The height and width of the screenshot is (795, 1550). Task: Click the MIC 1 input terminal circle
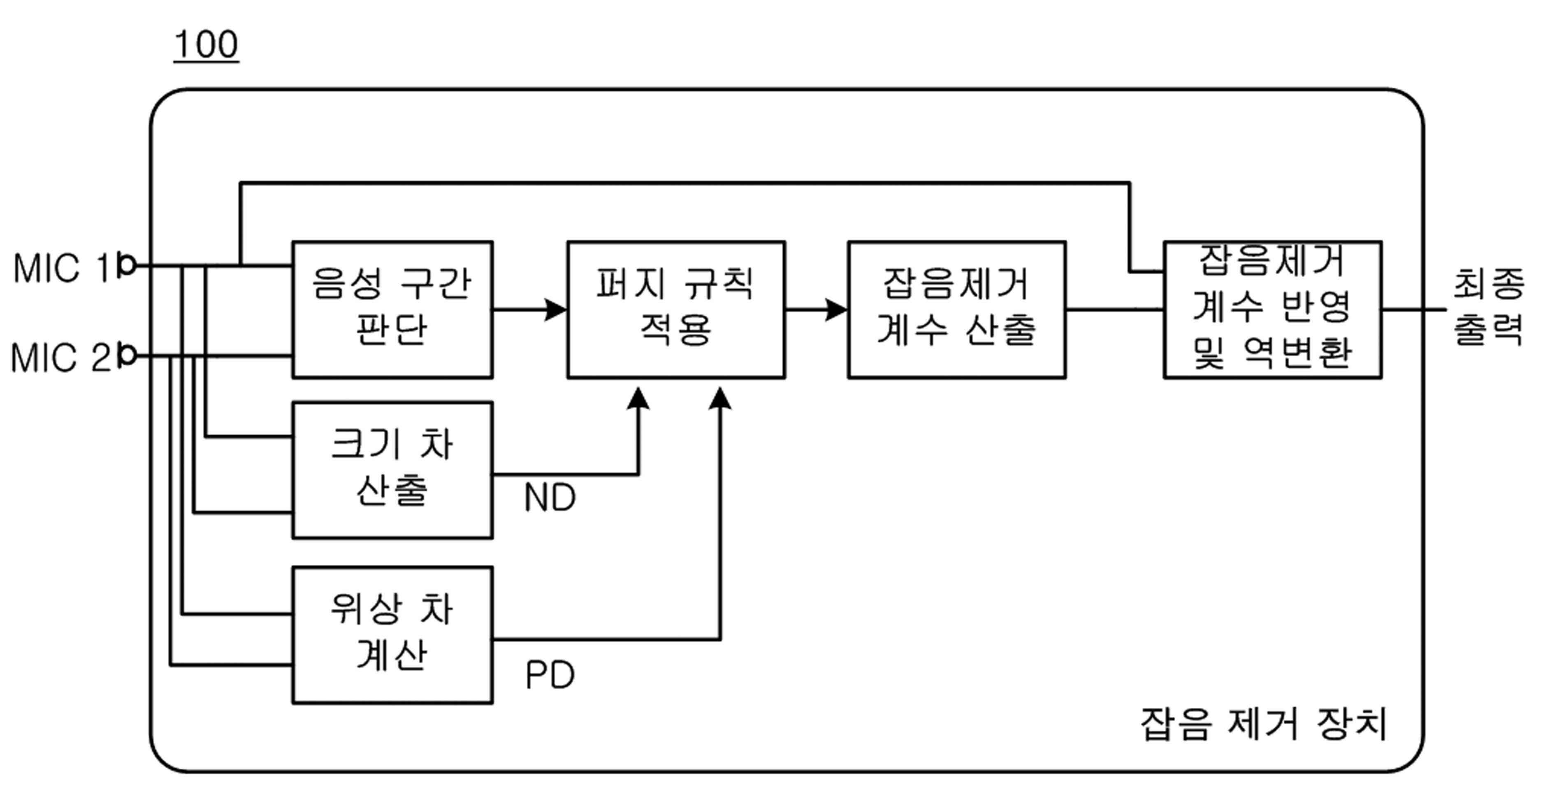(127, 265)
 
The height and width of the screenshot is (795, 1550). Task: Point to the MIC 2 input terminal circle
(127, 355)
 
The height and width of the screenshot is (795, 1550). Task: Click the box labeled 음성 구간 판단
(392, 310)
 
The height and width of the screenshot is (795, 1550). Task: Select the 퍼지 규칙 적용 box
(676, 310)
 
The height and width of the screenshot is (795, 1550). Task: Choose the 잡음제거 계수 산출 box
(957, 310)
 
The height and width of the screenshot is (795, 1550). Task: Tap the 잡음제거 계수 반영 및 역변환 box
(1273, 310)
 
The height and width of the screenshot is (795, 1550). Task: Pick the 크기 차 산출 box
(392, 470)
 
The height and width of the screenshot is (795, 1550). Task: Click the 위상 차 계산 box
(392, 635)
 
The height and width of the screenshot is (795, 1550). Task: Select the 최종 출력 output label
(1489, 307)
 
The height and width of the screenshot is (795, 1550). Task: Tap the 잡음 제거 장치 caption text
(1264, 724)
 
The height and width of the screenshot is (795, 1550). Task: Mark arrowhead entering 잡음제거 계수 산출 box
(836, 310)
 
